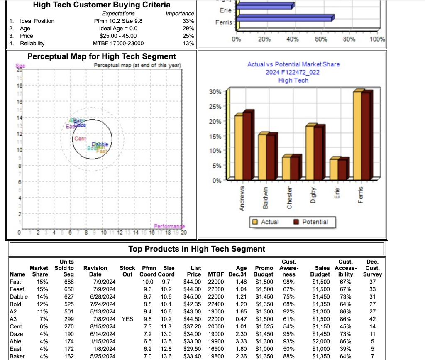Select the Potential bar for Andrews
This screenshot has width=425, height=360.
pos(247,145)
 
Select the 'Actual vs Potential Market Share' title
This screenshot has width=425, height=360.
pos(293,64)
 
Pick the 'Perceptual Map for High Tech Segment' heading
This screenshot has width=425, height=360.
pos(101,56)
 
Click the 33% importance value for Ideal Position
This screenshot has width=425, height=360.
pos(188,21)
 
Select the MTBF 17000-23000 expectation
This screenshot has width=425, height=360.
pos(118,43)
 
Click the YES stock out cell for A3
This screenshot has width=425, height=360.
pos(127,319)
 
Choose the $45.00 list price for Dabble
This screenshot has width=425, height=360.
pos(193,296)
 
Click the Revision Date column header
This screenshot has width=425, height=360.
pos(95,271)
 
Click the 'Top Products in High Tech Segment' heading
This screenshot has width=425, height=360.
pos(196,249)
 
